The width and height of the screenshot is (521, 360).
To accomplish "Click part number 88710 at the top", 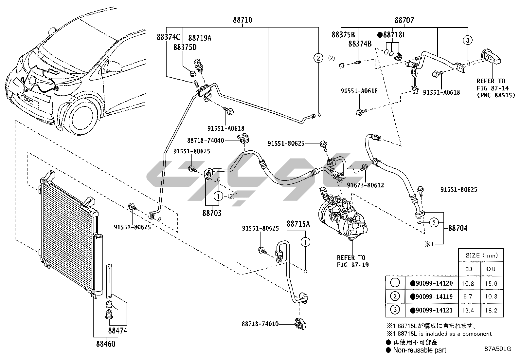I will pos(243,20).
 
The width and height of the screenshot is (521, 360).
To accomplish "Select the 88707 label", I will pos(404,20).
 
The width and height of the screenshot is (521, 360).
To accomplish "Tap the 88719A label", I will pos(200,38).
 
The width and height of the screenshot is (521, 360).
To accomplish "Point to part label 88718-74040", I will pos(206,141).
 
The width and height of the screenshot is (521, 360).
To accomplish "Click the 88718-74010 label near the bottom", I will pos(260,324).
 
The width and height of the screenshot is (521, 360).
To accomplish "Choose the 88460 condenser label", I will pos(106,344).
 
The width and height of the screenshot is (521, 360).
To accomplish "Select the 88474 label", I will pos(117,331).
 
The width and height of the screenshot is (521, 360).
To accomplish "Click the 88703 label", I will pos(212,213).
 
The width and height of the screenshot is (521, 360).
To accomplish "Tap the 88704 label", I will pos(458,228).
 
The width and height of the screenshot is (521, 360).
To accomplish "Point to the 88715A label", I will pos(298,224).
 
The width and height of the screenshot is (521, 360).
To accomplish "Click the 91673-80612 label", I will pos(365,185).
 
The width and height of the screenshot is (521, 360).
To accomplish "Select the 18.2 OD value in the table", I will pos(491,310).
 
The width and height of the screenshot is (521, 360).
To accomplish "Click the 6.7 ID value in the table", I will pos(468,297).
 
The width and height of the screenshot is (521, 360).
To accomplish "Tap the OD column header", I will pos(491,269).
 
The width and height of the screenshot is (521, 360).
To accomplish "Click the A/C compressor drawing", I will pos(342,216).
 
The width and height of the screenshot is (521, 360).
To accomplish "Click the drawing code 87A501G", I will pos(498,349).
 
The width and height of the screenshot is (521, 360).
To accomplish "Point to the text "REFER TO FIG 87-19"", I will pos(351,261).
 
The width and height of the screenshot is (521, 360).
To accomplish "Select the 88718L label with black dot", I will pos(392,35).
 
